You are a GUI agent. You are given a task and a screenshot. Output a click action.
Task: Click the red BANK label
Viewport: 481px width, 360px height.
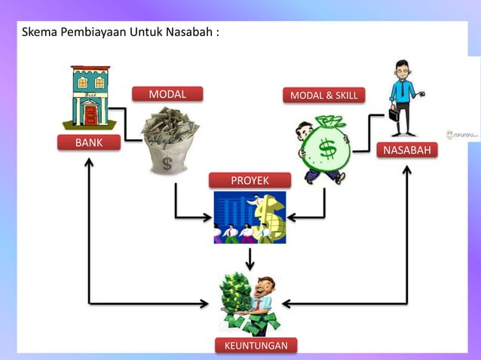click(88, 142)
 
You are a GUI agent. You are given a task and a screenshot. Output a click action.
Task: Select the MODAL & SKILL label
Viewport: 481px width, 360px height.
click(324, 95)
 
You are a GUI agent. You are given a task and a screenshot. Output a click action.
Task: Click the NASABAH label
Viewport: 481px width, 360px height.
click(407, 151)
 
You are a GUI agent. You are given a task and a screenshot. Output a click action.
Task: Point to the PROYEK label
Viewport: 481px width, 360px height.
click(249, 180)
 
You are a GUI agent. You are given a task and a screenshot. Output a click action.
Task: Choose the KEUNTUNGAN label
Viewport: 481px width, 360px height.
click(256, 345)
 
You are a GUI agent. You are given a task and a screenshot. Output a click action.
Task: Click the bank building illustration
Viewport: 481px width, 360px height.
click(90, 99)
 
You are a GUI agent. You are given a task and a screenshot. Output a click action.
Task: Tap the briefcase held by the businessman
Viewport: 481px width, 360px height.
click(394, 115)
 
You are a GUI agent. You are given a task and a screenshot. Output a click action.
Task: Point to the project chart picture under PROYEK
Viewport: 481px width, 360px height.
click(250, 218)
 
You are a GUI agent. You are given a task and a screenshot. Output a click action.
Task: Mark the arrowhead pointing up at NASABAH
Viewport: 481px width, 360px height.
click(407, 170)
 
